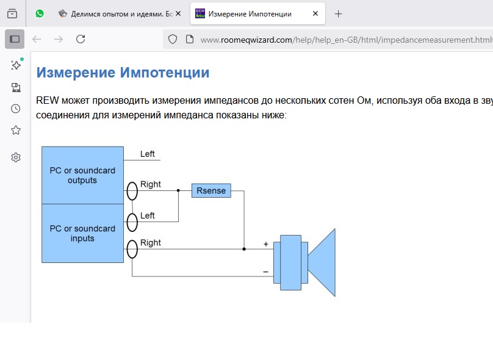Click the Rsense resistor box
[x=211, y=190]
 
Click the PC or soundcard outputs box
[x=82, y=175]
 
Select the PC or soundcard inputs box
[x=82, y=233]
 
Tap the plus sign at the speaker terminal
[x=265, y=244]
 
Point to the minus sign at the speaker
[x=265, y=272]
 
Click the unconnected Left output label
[x=148, y=154]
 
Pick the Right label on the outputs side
[x=151, y=184]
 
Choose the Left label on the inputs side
[x=148, y=215]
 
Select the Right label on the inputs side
[x=151, y=242]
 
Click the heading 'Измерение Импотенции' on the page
[x=123, y=73]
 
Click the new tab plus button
[x=339, y=13]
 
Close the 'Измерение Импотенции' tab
[x=314, y=13]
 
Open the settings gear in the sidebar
[x=16, y=157]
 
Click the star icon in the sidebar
[x=16, y=130]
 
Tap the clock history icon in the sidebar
[x=16, y=109]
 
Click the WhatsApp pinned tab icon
[x=40, y=13]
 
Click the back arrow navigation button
[x=37, y=39]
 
